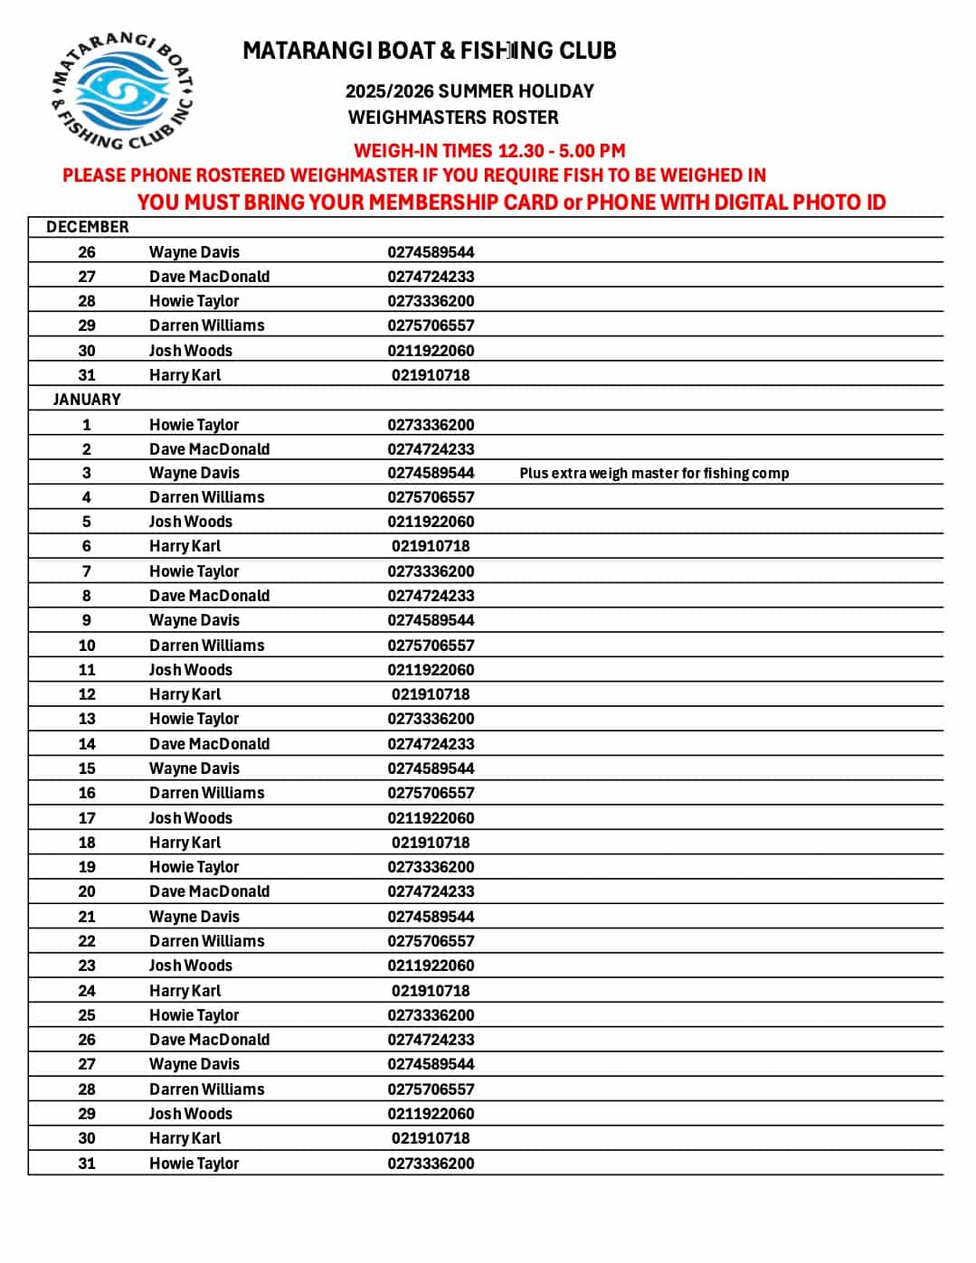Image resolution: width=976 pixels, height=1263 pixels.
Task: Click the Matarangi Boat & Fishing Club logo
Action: (x=122, y=90)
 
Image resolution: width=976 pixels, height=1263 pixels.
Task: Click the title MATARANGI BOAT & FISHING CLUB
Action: (x=429, y=51)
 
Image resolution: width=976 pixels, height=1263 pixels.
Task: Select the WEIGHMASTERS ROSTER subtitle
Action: (x=453, y=118)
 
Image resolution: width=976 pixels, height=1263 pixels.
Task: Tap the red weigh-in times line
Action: (x=489, y=151)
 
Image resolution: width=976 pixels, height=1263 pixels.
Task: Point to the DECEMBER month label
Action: (x=88, y=227)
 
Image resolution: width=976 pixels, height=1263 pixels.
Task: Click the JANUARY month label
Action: (x=87, y=400)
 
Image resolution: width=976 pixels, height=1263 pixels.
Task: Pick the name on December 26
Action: (x=194, y=252)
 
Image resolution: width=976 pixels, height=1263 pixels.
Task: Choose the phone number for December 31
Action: (x=431, y=375)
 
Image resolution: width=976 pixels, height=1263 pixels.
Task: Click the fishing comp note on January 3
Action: (x=654, y=473)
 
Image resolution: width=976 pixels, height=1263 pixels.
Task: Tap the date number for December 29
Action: (x=87, y=325)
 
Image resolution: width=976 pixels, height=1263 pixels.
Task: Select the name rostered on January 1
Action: (x=194, y=425)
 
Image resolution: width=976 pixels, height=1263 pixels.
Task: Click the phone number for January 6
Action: (x=431, y=546)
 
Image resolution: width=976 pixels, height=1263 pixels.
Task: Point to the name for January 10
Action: (x=207, y=646)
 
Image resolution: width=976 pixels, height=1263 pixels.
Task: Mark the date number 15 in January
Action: (x=87, y=768)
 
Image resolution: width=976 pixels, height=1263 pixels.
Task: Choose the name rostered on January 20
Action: (x=209, y=891)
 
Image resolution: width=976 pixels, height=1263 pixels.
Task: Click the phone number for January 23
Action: (x=431, y=966)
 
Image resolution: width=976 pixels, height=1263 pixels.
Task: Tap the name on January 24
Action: (x=185, y=991)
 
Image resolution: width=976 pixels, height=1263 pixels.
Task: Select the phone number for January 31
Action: (x=431, y=1164)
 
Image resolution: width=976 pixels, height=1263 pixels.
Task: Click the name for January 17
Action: (x=191, y=818)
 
